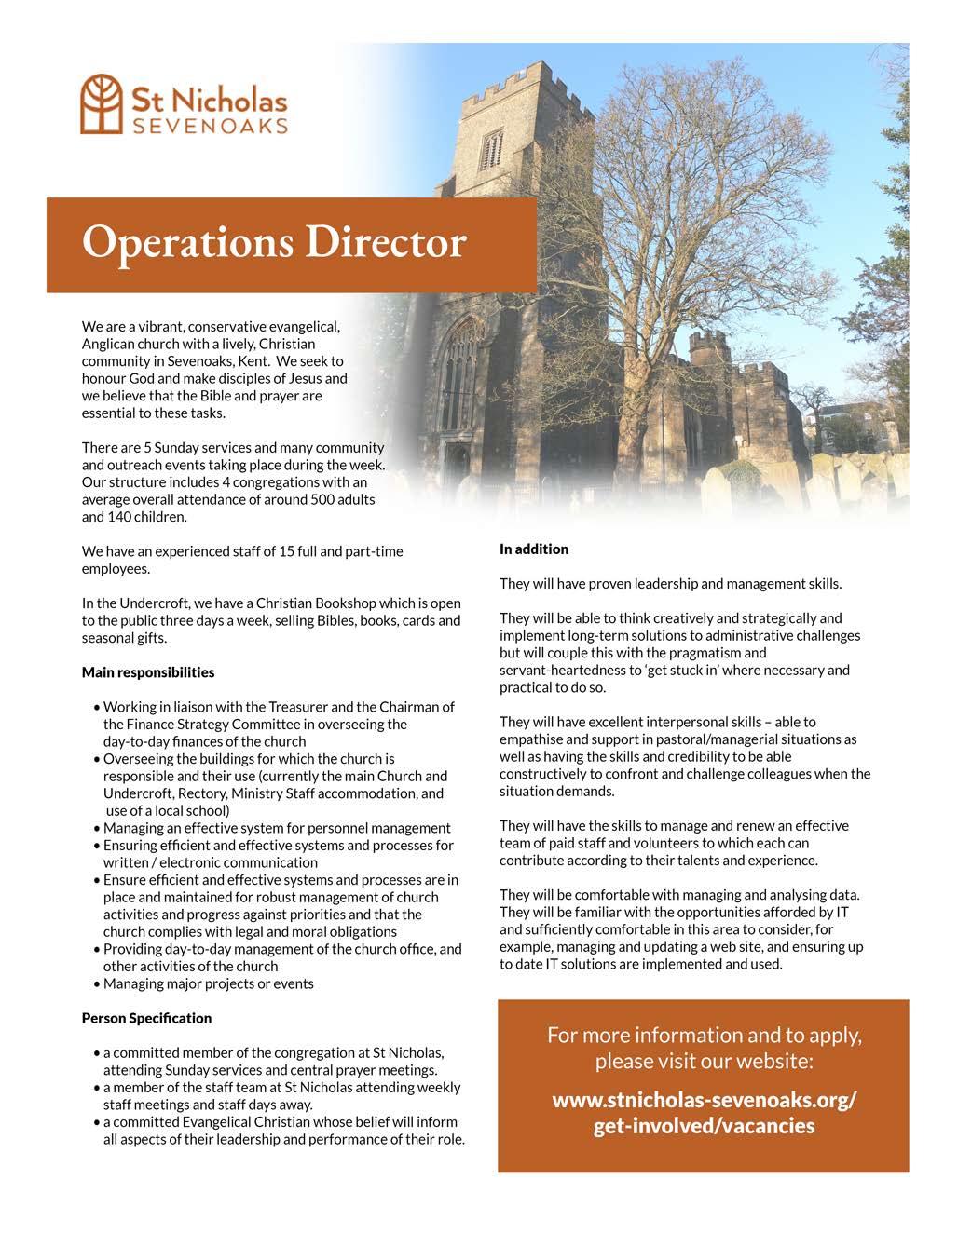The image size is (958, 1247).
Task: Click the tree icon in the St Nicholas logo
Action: pos(102,103)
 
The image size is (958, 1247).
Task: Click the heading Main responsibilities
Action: pos(148,672)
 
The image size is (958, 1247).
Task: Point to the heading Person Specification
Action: pos(146,1018)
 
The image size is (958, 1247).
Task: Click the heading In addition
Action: pos(533,549)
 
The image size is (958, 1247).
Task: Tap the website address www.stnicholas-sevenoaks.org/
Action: pos(704,1100)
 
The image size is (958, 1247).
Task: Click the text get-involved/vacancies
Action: pos(704,1126)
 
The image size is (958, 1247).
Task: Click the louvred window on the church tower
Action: pos(492,149)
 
